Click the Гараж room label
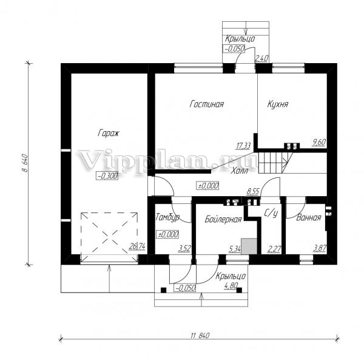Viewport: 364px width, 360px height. pos(109,133)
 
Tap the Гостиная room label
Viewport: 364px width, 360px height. pos(207,104)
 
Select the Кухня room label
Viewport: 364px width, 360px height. pos(278,104)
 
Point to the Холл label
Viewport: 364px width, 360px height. pos(240,171)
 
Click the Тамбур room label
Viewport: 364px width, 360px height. pos(167,217)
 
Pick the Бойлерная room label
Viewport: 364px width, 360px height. pos(223,219)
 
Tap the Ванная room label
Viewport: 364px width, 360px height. pos(309,217)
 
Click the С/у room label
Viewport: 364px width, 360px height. pos(271,213)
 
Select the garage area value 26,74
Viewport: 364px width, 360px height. pos(137,246)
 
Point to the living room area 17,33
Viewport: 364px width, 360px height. pos(243,146)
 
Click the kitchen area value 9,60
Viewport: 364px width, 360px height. pos(319,142)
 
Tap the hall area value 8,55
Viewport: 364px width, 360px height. pos(253,192)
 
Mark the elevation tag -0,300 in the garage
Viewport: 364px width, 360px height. pos(107,176)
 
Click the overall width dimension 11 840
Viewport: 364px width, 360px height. pos(200,335)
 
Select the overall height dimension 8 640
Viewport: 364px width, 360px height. pos(25,163)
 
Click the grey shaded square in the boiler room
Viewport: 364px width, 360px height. pos(249,246)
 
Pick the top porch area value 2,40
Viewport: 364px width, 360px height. pos(262,58)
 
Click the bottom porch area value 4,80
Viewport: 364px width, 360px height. pos(231,285)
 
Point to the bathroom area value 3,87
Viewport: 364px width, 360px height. pos(320,248)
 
